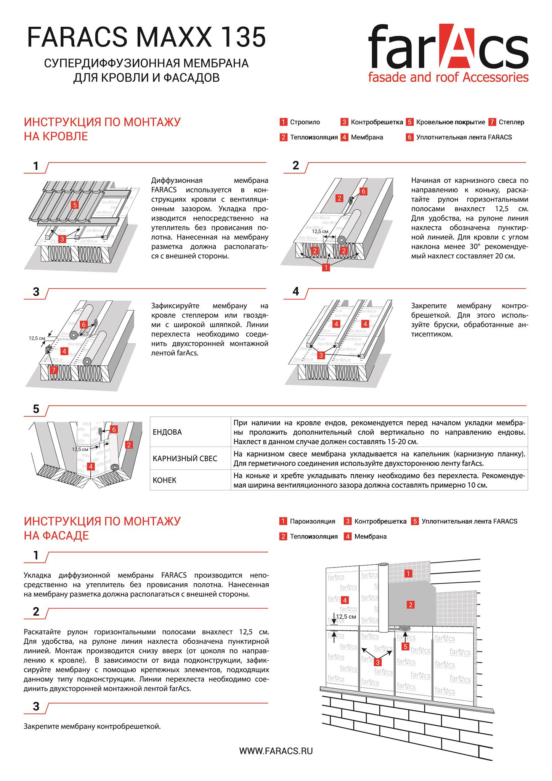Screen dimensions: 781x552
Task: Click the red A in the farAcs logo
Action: click(461, 46)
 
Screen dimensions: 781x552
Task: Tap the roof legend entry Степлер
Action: click(511, 122)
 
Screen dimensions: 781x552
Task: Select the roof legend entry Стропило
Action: click(305, 122)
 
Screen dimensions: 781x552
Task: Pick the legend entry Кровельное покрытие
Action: click(450, 122)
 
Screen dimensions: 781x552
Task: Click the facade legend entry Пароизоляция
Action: click(312, 521)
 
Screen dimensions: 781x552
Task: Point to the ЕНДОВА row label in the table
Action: click(167, 432)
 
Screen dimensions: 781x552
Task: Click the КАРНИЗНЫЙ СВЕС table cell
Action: click(185, 458)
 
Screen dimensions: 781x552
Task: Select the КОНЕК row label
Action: click(164, 480)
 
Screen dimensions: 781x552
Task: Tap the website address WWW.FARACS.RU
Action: click(276, 751)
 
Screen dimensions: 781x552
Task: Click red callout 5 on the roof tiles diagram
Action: click(74, 205)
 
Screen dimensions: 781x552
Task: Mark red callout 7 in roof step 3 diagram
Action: click(54, 370)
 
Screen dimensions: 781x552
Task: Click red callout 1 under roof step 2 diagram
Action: click(326, 268)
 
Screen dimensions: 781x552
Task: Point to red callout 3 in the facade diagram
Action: click(377, 662)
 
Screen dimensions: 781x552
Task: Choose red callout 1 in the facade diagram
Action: click(408, 574)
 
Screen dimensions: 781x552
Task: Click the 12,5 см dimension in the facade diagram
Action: click(346, 616)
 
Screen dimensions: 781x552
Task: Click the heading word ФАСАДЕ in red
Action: click(56, 535)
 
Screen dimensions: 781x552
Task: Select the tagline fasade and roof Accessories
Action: click(448, 77)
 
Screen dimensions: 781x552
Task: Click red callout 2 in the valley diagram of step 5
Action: click(129, 445)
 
